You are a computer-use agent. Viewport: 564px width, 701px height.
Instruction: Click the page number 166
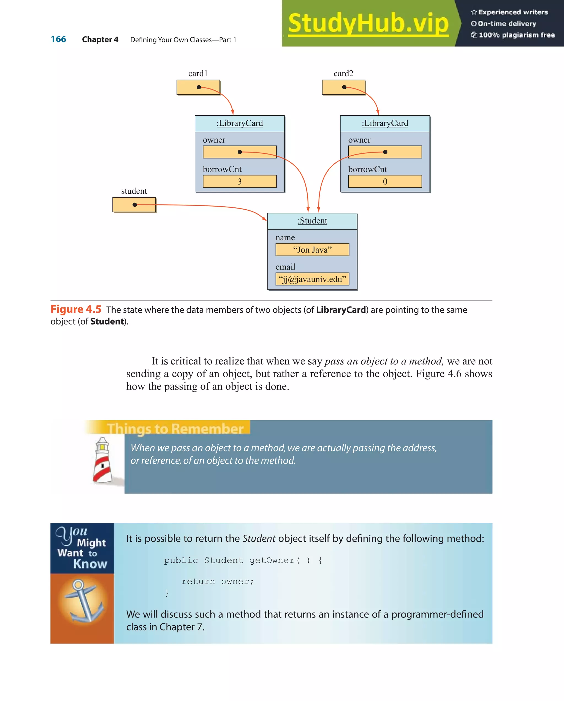coord(58,39)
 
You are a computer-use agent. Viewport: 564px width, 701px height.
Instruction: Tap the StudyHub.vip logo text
coord(368,23)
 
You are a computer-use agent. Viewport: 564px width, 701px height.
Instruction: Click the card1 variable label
coord(198,74)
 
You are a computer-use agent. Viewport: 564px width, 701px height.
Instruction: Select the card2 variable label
coord(343,74)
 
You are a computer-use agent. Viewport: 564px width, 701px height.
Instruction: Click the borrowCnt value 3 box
coord(240,182)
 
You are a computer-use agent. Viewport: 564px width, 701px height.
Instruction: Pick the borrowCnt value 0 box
coord(385,182)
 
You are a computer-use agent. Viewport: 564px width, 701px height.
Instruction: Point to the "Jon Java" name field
coord(312,250)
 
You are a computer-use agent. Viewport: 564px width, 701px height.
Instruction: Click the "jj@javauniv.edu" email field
coord(312,279)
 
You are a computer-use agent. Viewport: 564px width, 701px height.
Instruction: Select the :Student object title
coord(312,221)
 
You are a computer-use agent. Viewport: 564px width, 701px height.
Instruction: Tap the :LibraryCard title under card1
coord(240,123)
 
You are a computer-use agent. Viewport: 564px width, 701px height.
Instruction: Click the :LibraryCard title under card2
coord(385,123)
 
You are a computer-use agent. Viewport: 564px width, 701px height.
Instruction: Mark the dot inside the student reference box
coord(135,204)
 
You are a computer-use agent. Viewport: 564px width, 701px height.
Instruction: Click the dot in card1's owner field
coord(240,152)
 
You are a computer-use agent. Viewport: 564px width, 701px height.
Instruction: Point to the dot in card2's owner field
coord(385,152)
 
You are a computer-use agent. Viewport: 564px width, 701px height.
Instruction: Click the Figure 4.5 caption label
coord(76,309)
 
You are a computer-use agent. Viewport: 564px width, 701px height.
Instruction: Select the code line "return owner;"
coord(218,581)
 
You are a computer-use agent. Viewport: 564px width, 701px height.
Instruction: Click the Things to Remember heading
coord(175,429)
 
